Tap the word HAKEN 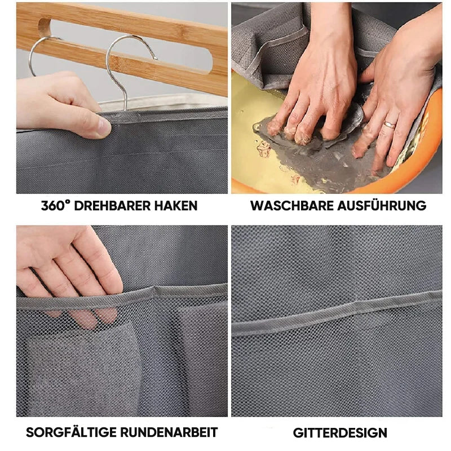coord(176,206)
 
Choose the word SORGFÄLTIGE coord(70,432)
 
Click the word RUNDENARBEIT coord(169,432)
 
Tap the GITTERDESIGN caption coord(340,432)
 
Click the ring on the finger coord(390,125)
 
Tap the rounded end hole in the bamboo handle coord(45,28)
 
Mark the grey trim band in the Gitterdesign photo coord(337,314)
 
